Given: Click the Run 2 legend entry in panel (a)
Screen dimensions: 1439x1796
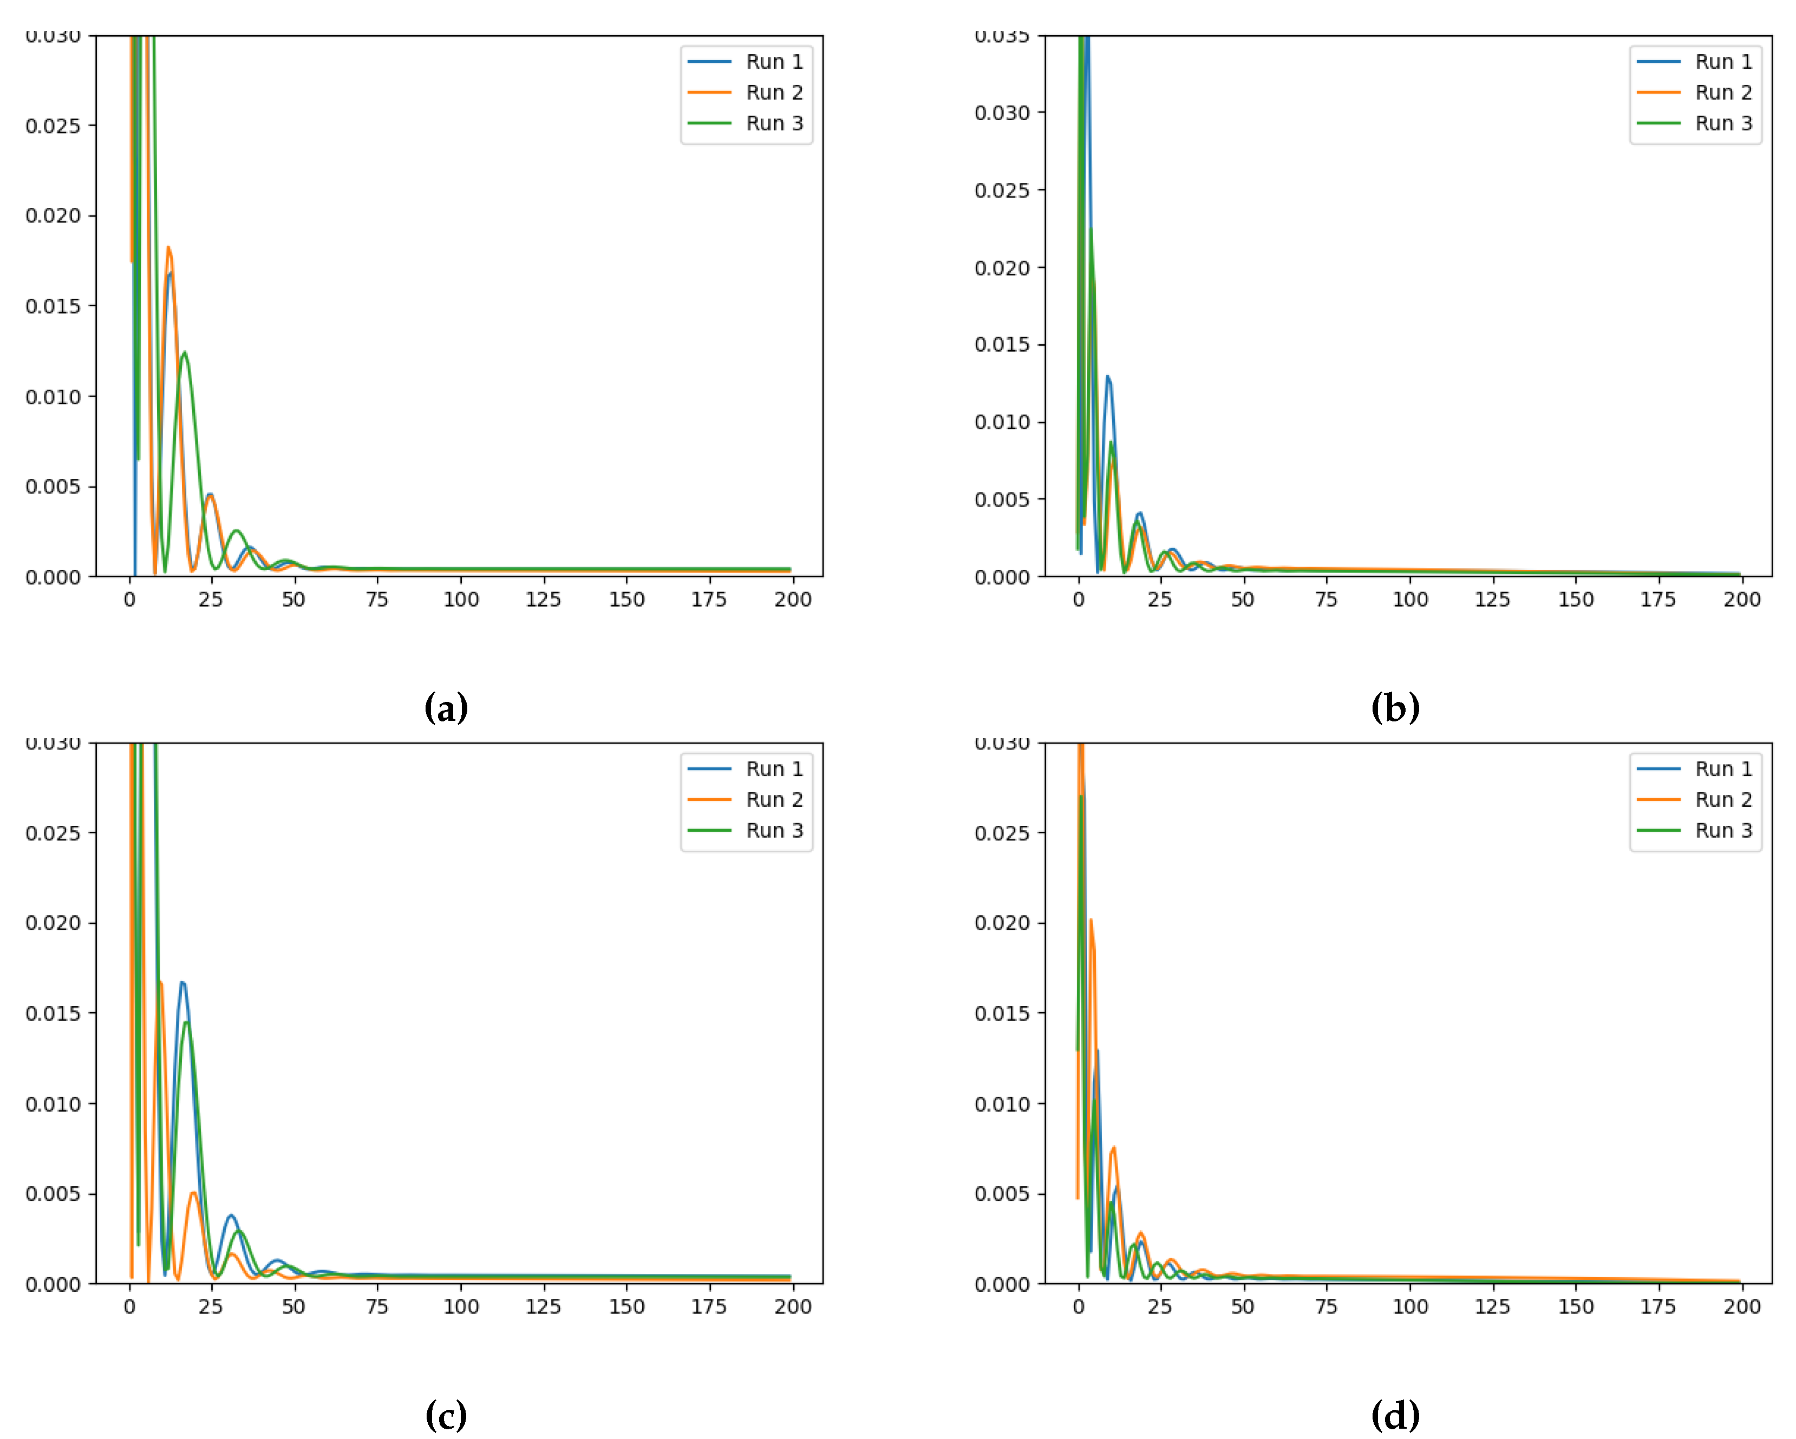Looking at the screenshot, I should tap(773, 93).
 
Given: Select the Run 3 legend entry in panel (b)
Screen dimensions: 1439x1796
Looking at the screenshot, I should tap(1723, 123).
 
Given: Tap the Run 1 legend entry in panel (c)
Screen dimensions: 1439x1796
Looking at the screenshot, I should tap(773, 768).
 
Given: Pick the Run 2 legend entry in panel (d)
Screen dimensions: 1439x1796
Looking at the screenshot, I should tap(1723, 799).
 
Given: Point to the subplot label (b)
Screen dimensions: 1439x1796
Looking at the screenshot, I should tap(1395, 708).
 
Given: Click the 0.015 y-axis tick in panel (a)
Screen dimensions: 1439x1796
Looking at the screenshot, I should tap(53, 306).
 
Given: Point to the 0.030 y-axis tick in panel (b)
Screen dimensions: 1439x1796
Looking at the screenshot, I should tap(1002, 113).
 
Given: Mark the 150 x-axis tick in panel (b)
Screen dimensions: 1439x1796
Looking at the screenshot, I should tap(1575, 600).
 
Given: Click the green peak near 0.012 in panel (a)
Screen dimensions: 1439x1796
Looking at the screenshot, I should tap(184, 353).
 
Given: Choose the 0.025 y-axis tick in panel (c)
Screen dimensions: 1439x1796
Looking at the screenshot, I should tap(53, 833).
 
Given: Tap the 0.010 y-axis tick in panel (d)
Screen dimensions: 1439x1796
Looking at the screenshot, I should tap(1002, 1104).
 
